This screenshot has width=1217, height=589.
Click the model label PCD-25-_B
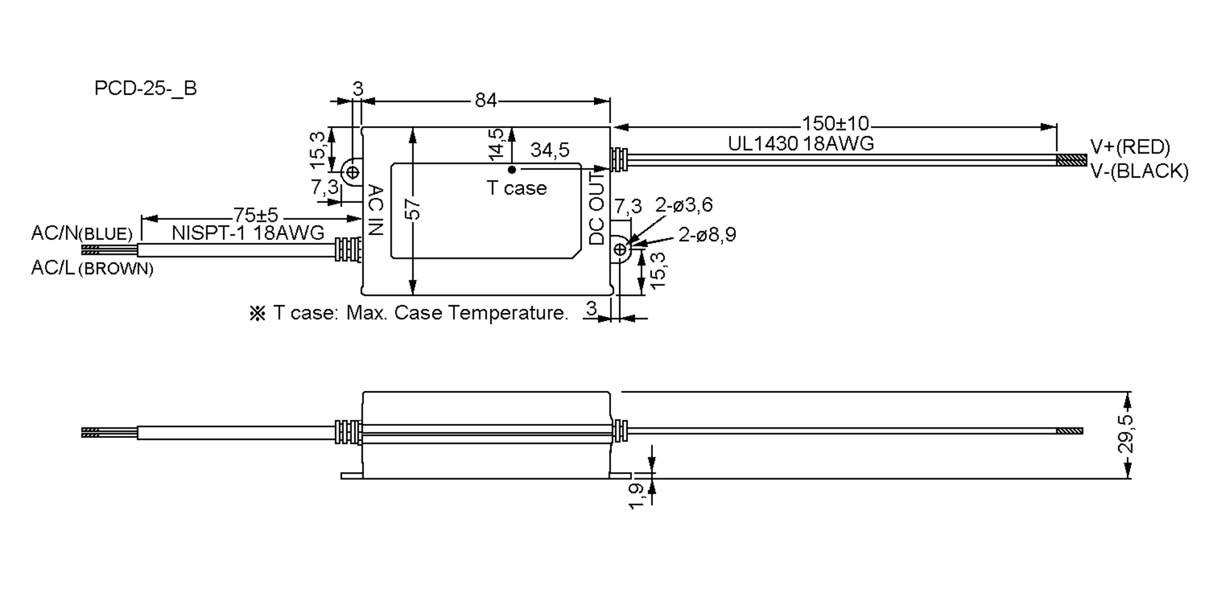[x=146, y=89]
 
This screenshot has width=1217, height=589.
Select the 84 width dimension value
[x=485, y=101]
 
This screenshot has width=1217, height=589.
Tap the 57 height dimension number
[x=414, y=209]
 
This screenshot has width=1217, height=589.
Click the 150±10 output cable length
[x=835, y=124]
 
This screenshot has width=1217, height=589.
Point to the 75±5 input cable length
[x=256, y=215]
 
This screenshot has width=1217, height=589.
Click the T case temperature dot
[x=512, y=170]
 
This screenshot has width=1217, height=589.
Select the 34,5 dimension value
[x=550, y=150]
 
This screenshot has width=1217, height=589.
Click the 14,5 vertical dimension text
[x=496, y=145]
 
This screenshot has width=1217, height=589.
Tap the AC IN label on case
[x=375, y=210]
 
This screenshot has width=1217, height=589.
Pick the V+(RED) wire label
[x=1130, y=147]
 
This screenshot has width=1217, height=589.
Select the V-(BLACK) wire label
[x=1139, y=171]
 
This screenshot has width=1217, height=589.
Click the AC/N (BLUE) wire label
[x=82, y=233]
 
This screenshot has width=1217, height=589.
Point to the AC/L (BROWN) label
[x=92, y=268]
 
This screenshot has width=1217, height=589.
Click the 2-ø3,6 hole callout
[x=684, y=205]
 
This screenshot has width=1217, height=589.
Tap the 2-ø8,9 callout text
[x=707, y=235]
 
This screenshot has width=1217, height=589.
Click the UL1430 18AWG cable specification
[x=801, y=144]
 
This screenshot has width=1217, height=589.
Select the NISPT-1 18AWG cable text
[x=248, y=233]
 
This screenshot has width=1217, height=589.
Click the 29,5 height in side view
[x=1126, y=434]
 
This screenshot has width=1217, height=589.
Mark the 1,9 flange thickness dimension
[x=636, y=496]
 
